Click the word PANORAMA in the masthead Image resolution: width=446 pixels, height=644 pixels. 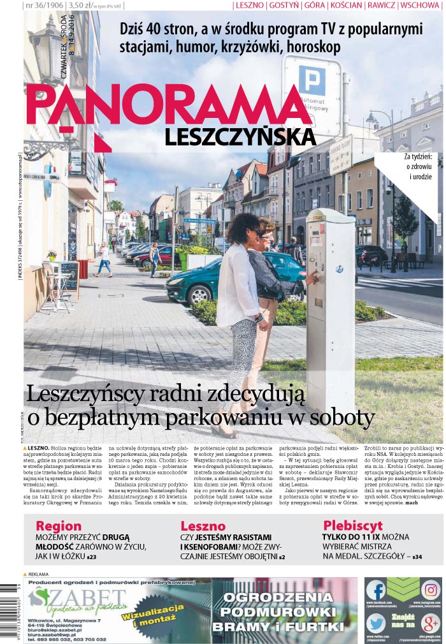tap(169, 106)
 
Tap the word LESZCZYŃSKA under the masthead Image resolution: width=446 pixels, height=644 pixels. tap(240, 137)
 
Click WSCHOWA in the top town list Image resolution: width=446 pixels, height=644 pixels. tap(421, 6)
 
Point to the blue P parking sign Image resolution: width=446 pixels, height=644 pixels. tap(312, 80)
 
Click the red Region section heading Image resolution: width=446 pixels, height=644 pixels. tap(59, 526)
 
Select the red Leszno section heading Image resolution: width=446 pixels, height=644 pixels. tap(203, 526)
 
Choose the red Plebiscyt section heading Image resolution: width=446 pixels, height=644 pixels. tap(352, 526)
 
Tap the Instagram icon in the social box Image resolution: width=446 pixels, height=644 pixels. tap(431, 589)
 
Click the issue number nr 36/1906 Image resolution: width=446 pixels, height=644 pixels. tap(43, 6)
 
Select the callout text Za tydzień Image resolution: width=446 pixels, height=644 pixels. tap(419, 156)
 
